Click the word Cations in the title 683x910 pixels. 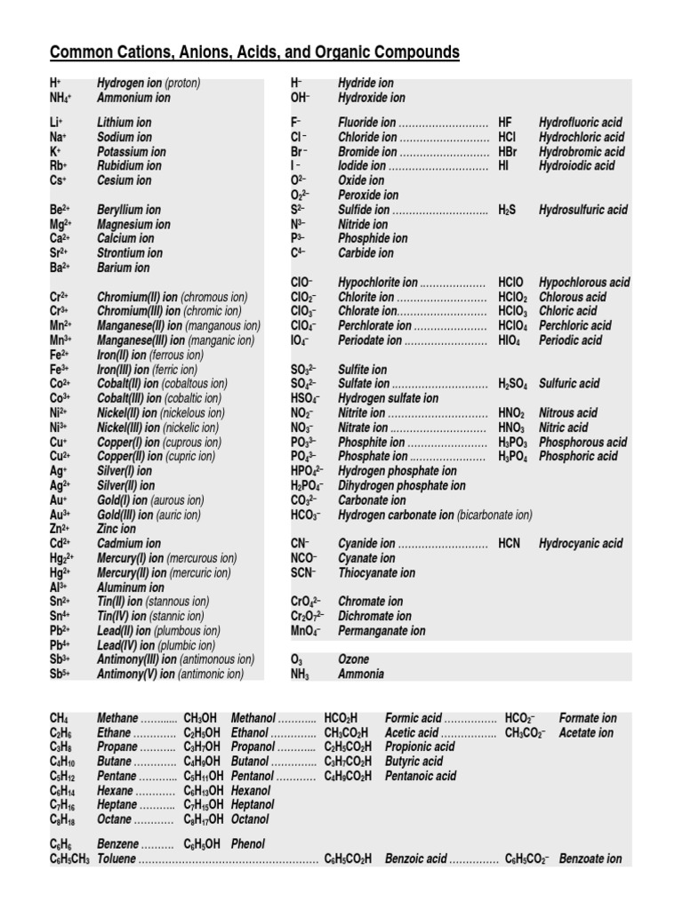click(139, 53)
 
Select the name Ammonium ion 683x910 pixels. click(133, 98)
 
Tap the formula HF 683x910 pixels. click(505, 123)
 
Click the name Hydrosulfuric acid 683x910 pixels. click(583, 210)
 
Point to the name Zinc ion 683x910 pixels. click(117, 529)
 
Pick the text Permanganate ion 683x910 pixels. click(382, 631)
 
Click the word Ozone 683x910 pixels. click(353, 659)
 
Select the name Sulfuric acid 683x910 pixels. click(569, 384)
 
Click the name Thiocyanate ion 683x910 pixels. click(376, 573)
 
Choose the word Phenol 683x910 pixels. click(248, 844)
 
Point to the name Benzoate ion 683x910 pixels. click(591, 859)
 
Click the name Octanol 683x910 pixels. click(251, 819)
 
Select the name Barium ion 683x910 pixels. click(124, 267)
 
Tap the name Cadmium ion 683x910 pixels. click(129, 543)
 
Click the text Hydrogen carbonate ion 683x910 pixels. click(396, 515)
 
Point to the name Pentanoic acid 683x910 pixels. click(421, 776)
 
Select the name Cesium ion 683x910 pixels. click(124, 180)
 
